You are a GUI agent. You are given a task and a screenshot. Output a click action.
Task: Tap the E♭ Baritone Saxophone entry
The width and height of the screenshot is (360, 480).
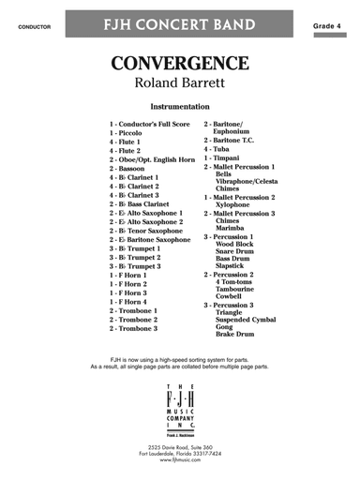[150, 239]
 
